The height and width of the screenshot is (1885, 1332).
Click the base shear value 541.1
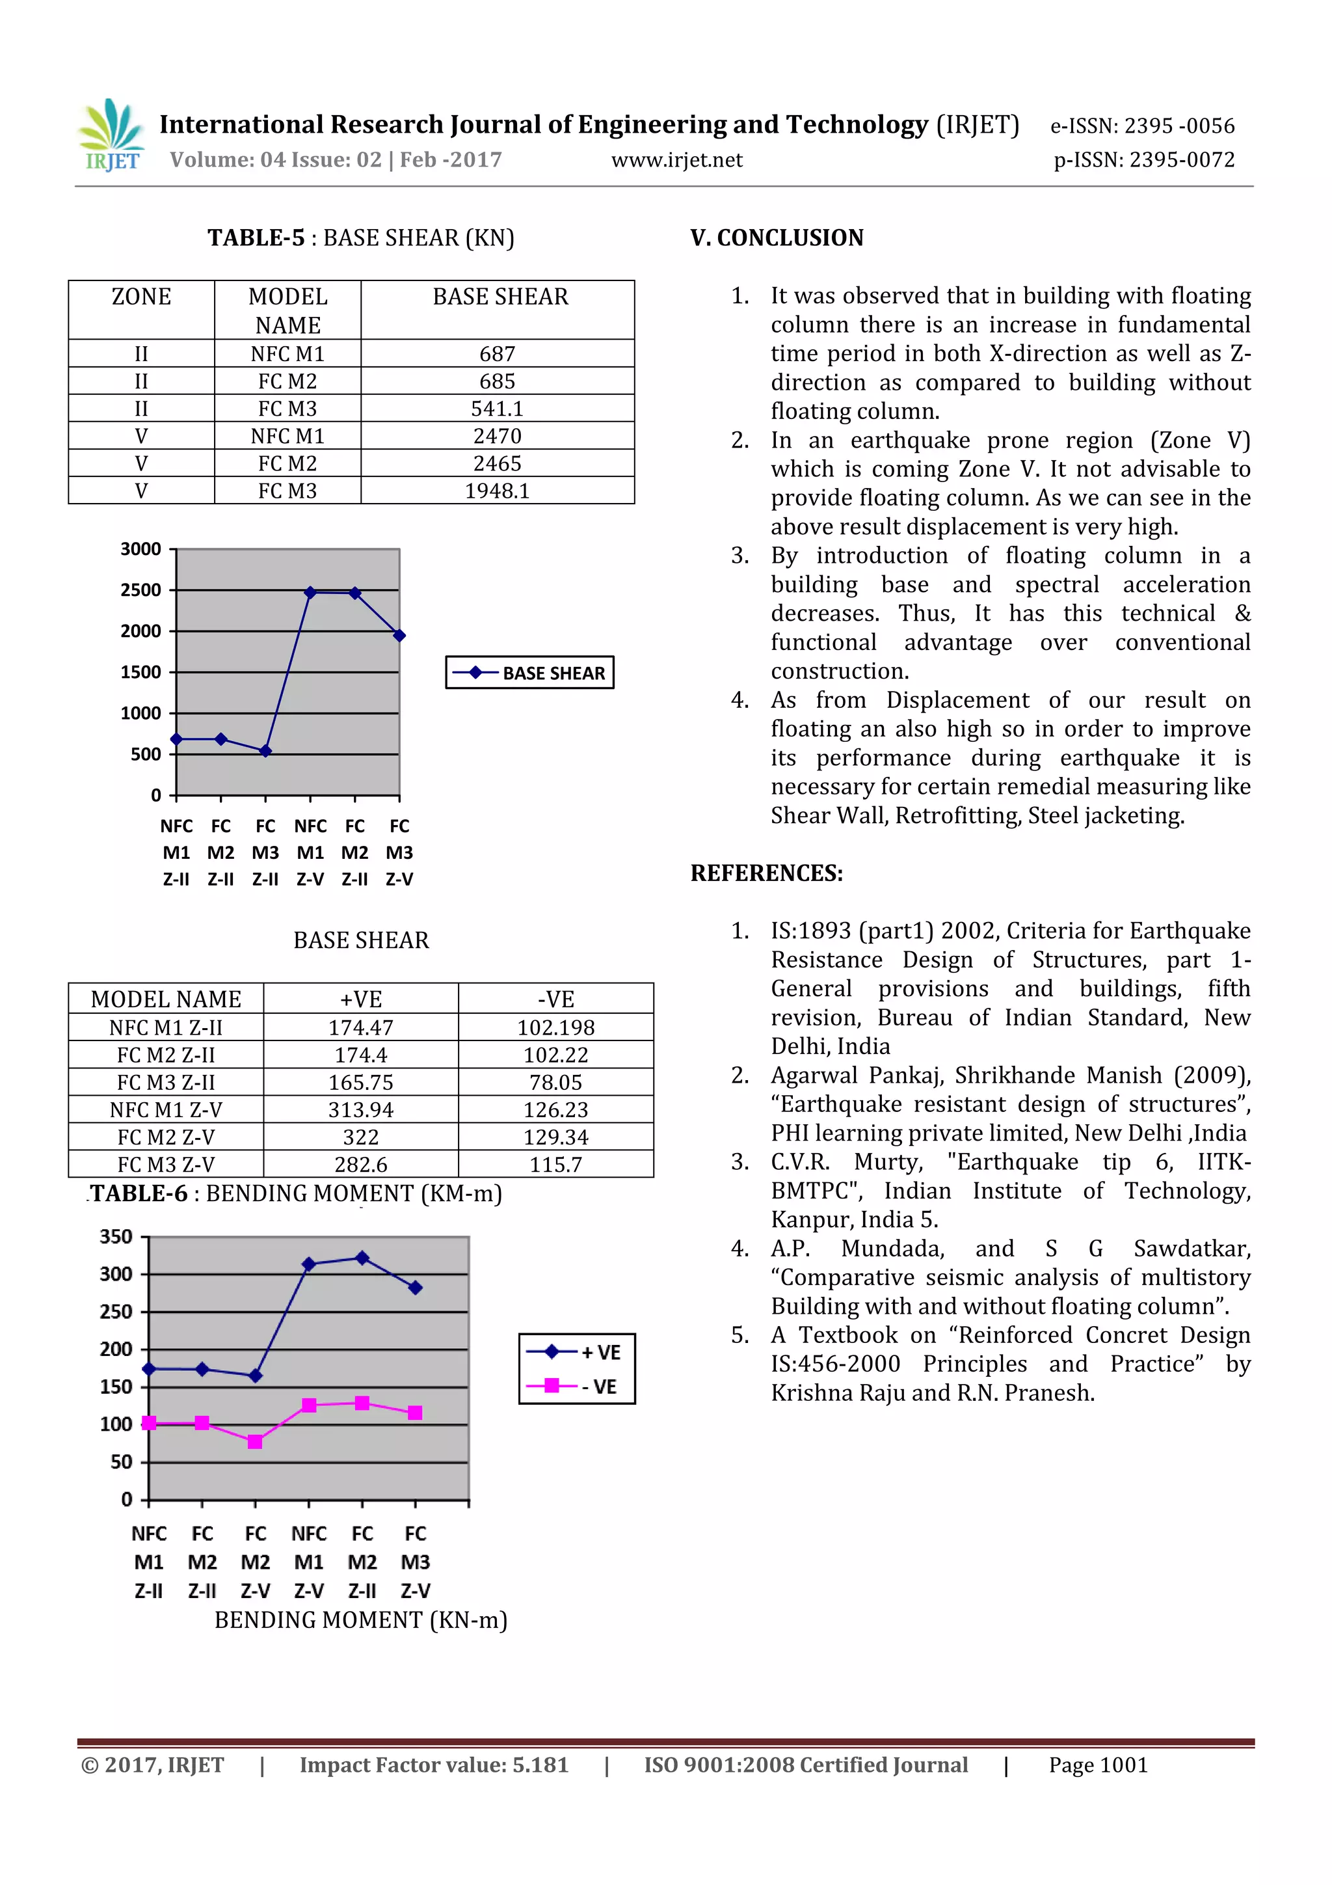498,409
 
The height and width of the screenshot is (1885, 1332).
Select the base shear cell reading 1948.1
498,491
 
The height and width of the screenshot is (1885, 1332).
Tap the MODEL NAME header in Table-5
287,310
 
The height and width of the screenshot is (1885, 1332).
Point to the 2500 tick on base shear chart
140,590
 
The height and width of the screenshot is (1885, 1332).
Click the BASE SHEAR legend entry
530,673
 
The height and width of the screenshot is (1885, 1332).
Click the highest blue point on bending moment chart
362,1258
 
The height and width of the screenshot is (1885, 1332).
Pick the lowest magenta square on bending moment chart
255,1442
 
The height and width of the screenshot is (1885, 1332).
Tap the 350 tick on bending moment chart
116,1237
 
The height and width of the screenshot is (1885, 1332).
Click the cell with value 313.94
361,1110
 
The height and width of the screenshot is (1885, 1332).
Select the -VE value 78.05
555,1083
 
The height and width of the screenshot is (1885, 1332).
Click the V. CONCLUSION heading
777,238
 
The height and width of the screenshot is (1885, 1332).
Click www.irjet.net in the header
676,160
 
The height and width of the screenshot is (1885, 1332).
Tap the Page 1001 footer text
1097,1765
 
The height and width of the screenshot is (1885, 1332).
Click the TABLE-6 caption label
139,1194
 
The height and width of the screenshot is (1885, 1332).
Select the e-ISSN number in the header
1141,126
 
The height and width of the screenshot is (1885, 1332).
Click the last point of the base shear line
399,636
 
